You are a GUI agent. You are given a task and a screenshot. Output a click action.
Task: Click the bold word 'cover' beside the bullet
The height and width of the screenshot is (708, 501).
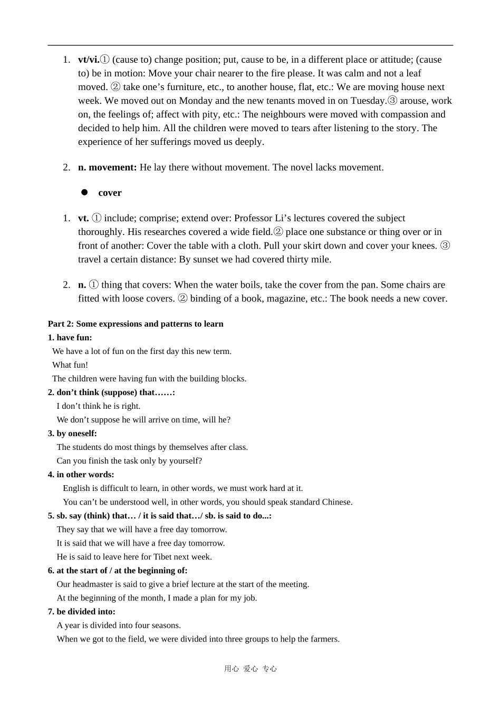point(110,193)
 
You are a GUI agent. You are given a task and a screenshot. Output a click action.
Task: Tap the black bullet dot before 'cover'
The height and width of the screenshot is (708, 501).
point(84,192)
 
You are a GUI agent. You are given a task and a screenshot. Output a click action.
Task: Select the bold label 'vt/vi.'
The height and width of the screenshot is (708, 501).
point(89,60)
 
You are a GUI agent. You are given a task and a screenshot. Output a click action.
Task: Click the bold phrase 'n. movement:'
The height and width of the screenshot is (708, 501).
point(108,168)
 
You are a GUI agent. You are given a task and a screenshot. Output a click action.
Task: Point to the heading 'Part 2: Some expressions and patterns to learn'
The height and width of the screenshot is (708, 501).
point(136,324)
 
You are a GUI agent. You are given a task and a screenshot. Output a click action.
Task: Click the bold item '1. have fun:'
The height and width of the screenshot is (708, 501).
point(70,338)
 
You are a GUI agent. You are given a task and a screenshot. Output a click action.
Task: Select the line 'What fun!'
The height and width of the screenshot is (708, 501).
point(70,365)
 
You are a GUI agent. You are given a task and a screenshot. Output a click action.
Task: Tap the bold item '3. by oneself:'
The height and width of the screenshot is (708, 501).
point(72,434)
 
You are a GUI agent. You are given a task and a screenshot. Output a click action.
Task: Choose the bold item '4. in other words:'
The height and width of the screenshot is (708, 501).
point(81,475)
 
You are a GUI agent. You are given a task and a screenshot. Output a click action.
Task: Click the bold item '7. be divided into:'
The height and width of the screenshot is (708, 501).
point(81,612)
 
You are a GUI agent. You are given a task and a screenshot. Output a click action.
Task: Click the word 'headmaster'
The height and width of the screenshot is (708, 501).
point(92,584)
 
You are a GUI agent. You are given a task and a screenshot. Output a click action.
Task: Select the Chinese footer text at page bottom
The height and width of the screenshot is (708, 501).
point(250,669)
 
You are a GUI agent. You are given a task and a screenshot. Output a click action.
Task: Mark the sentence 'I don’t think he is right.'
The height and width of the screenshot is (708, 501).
point(99,406)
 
